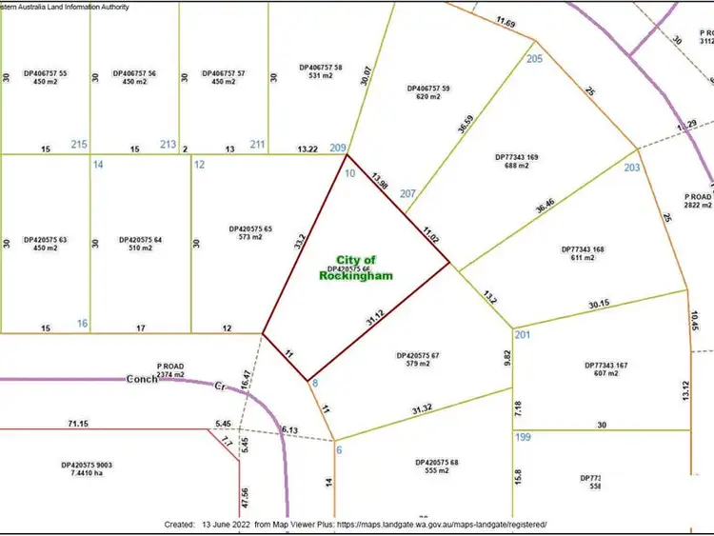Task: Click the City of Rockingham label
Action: (x=357, y=267)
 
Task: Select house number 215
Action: (x=79, y=145)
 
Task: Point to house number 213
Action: (x=168, y=145)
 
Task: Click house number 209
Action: (x=338, y=148)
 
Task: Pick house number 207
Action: (x=408, y=194)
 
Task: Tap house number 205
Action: (x=534, y=59)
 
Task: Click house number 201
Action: (x=522, y=334)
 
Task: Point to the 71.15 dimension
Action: (x=79, y=422)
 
